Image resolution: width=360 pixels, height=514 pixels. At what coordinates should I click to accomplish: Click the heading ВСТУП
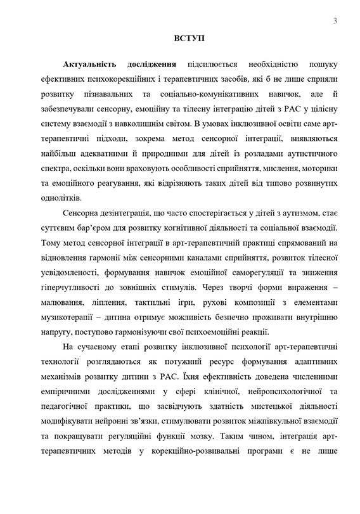[185, 40]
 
